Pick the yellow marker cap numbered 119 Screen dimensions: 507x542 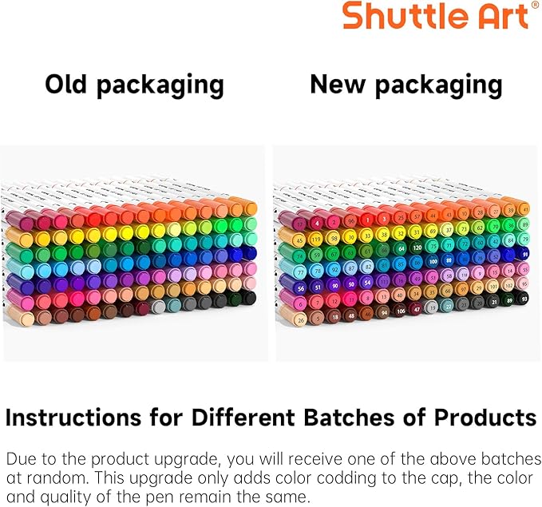click(x=316, y=239)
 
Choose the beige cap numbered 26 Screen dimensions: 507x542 click(x=301, y=319)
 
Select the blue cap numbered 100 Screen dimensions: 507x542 click(x=432, y=262)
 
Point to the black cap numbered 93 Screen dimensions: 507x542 click(x=524, y=298)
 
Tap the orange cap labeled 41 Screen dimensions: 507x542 click(x=524, y=208)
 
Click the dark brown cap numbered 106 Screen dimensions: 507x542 click(x=401, y=310)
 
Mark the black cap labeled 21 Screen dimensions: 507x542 click(x=495, y=302)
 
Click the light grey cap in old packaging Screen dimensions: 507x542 click(x=159, y=306)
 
